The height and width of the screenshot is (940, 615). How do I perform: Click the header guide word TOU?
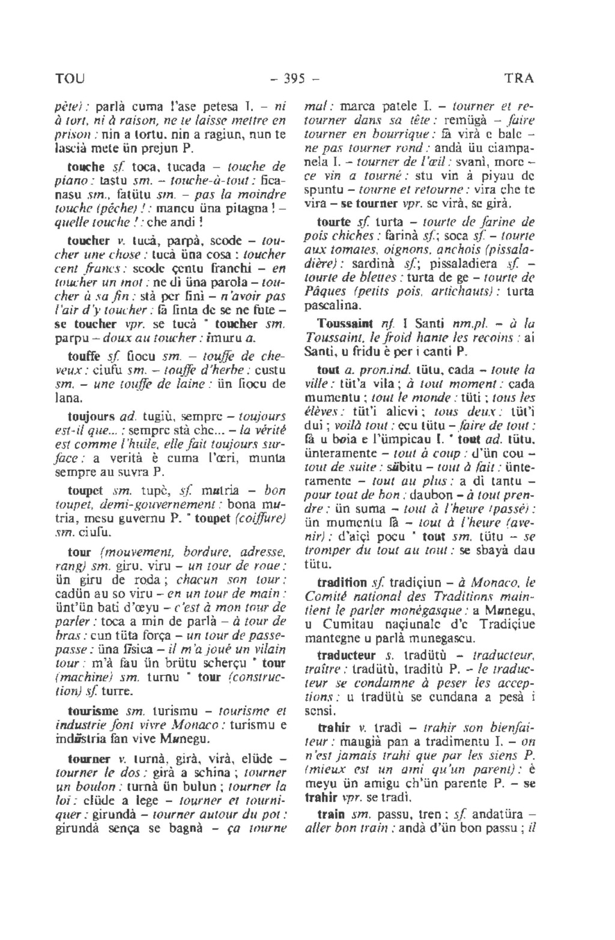tap(70, 79)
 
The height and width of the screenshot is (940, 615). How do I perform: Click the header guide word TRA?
tap(519, 79)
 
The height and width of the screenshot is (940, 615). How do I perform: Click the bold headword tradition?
tap(342, 582)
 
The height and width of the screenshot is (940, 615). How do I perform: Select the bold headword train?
tap(332, 815)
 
